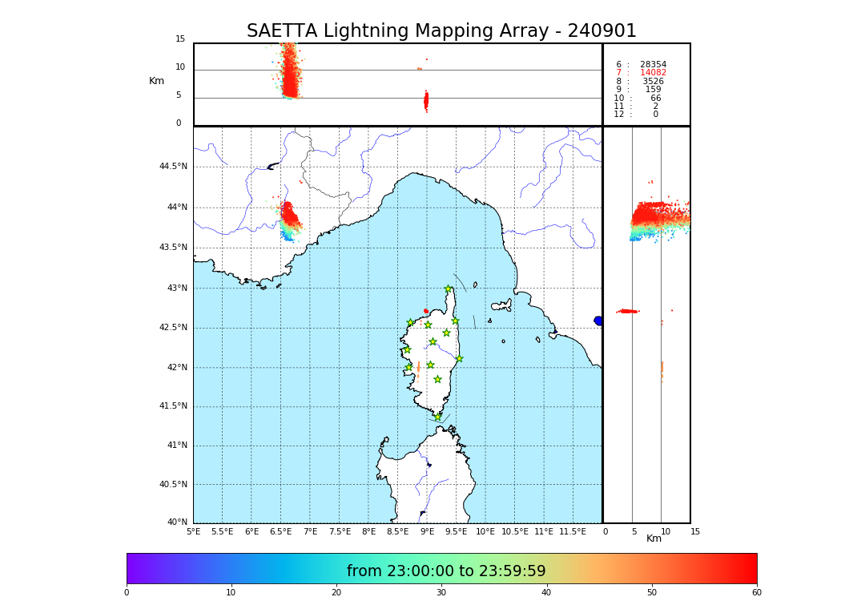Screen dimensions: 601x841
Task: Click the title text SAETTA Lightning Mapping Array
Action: click(441, 31)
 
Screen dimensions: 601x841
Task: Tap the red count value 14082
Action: click(653, 73)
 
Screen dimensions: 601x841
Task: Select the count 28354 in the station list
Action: click(653, 64)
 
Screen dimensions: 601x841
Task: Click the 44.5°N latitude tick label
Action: click(173, 167)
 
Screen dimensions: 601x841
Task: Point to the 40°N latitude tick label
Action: click(177, 522)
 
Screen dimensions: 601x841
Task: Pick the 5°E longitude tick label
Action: click(193, 531)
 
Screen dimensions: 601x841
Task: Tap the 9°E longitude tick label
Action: click(427, 531)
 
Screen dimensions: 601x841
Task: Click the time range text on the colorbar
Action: click(446, 571)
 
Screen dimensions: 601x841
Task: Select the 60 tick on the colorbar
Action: click(756, 592)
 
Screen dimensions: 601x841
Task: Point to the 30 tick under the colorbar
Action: click(441, 592)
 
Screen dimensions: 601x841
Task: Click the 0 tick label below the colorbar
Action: click(127, 592)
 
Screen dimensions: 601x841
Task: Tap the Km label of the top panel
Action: click(156, 81)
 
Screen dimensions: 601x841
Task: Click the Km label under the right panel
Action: click(654, 538)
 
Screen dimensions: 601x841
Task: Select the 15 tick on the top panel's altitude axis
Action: click(180, 39)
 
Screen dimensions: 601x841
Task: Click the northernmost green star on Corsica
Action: click(449, 289)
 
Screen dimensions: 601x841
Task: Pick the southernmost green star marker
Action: click(437, 417)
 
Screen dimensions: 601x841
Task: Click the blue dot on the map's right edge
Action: click(598, 321)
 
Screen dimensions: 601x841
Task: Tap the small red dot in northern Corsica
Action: click(426, 311)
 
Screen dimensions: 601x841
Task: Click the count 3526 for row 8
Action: click(653, 81)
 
